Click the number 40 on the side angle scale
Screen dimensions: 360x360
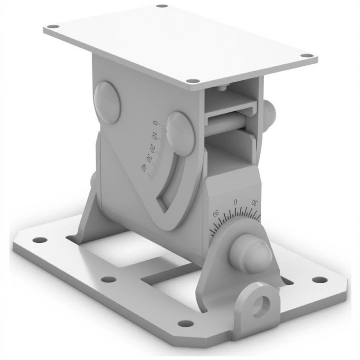point(144,168)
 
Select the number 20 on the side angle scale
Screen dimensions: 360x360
point(152,148)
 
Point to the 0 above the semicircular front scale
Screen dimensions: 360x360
point(235,202)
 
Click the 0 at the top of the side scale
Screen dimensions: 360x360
point(156,123)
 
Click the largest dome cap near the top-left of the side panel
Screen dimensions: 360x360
point(107,102)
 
